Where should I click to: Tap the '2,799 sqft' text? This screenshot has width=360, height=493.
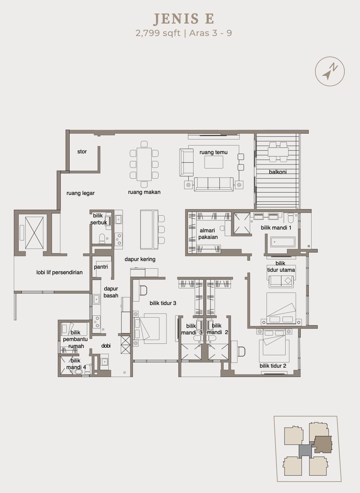point(158,33)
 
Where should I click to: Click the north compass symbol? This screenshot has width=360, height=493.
point(330,71)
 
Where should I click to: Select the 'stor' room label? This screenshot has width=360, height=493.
point(82,151)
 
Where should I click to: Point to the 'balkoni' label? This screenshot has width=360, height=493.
point(278,172)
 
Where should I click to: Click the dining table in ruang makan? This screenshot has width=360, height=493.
point(144,164)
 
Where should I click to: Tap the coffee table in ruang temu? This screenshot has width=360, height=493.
point(214,162)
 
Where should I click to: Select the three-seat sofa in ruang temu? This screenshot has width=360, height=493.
point(214,184)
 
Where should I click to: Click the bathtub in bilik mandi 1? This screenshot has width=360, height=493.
point(283,242)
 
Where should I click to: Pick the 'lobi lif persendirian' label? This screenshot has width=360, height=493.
point(60,272)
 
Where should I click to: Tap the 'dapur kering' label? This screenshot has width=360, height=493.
point(140,259)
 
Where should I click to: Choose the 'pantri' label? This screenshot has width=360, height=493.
point(101,267)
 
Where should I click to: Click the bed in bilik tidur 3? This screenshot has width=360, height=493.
point(150,328)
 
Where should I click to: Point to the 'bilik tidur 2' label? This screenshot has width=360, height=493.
point(273,366)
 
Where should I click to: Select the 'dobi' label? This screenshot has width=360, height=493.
point(106,346)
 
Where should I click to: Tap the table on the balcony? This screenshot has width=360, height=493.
point(278,152)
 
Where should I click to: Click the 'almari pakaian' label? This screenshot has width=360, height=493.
point(208,234)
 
